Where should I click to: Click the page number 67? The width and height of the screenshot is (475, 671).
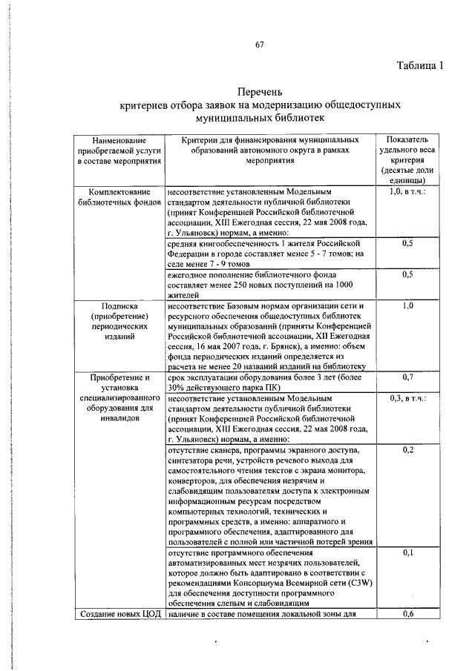(260, 45)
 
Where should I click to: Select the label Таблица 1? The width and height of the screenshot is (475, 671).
(419, 65)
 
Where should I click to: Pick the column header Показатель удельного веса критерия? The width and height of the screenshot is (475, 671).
(407, 159)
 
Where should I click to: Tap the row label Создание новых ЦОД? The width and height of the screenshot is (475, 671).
(119, 613)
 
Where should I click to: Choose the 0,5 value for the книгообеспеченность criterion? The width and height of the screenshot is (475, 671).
(407, 243)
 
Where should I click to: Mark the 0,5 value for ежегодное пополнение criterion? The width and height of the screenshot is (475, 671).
(407, 274)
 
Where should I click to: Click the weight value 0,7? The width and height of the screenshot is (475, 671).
(407, 377)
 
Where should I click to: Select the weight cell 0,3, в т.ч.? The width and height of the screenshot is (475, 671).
(407, 398)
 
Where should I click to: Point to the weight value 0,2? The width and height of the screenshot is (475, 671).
(407, 450)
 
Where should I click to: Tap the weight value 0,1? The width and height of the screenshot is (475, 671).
(407, 553)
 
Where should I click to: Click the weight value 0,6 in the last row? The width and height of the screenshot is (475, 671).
(407, 613)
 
